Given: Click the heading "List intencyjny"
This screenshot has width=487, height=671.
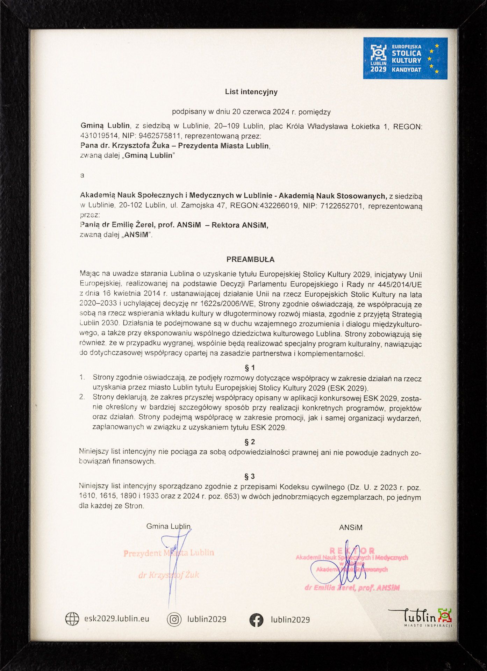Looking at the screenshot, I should point(251,92).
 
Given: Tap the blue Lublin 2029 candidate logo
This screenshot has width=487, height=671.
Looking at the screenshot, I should point(405,58).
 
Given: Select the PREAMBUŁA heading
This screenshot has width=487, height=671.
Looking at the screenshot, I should point(250,260).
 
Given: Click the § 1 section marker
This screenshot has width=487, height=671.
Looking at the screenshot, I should point(250,368).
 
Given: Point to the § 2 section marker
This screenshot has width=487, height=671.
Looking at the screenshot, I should point(250,442).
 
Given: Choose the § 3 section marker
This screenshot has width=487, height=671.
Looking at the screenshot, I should point(250,476).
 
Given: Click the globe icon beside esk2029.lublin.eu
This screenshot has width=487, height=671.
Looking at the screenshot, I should point(72,619).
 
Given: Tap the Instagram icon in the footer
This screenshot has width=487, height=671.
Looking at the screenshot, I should point(174,619).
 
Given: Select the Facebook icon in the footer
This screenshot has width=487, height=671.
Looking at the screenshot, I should point(256,620).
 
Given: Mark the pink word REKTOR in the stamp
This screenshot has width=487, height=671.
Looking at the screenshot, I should point(352,551).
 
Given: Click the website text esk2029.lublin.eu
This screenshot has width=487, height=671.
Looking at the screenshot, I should point(117,619).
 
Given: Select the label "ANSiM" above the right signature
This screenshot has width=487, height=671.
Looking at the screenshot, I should point(351,528).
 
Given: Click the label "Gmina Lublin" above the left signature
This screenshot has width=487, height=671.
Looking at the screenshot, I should point(169,526).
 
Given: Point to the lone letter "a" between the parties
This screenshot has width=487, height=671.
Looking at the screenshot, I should point(82,175).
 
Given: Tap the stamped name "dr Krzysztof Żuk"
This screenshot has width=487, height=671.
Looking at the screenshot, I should point(169,575).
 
